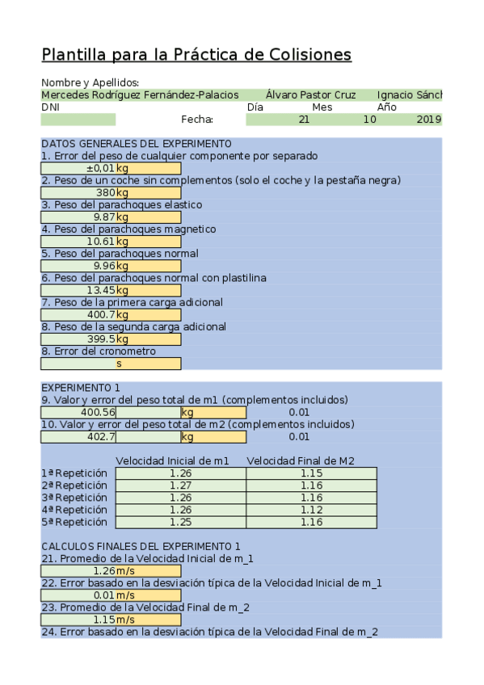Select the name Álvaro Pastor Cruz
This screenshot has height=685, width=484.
click(310, 95)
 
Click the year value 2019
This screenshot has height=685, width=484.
click(429, 120)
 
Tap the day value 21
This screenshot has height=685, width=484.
click(304, 120)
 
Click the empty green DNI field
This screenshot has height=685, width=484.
click(78, 120)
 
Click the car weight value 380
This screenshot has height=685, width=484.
click(106, 193)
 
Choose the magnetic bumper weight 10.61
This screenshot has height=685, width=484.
click(102, 242)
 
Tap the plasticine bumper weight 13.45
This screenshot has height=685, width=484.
click(102, 290)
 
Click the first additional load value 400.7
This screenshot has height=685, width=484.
click(100, 314)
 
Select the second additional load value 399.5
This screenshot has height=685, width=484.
click(100, 339)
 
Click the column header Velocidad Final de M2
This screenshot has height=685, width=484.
click(301, 461)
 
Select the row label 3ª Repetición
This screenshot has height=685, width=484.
click(74, 498)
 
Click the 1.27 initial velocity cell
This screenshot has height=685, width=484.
click(181, 485)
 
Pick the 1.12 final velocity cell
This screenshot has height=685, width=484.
click(311, 510)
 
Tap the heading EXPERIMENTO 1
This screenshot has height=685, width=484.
click(80, 388)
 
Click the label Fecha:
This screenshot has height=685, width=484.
click(197, 120)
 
